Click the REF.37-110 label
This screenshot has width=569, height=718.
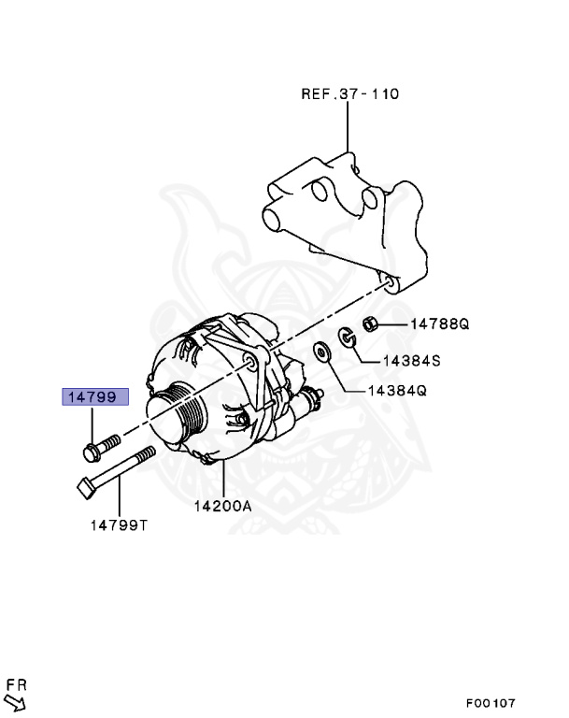point(349,93)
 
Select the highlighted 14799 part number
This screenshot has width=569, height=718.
point(90,396)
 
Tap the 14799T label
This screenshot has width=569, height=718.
point(119,524)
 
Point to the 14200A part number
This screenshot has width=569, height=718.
point(223,507)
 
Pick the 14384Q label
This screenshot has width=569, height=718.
point(398,392)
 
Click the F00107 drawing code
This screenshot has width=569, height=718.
point(491,703)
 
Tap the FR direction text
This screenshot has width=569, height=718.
point(16,686)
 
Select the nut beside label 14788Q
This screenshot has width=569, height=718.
point(369,323)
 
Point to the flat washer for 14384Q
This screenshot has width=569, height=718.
point(322,352)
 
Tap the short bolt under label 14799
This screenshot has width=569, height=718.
point(99,446)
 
